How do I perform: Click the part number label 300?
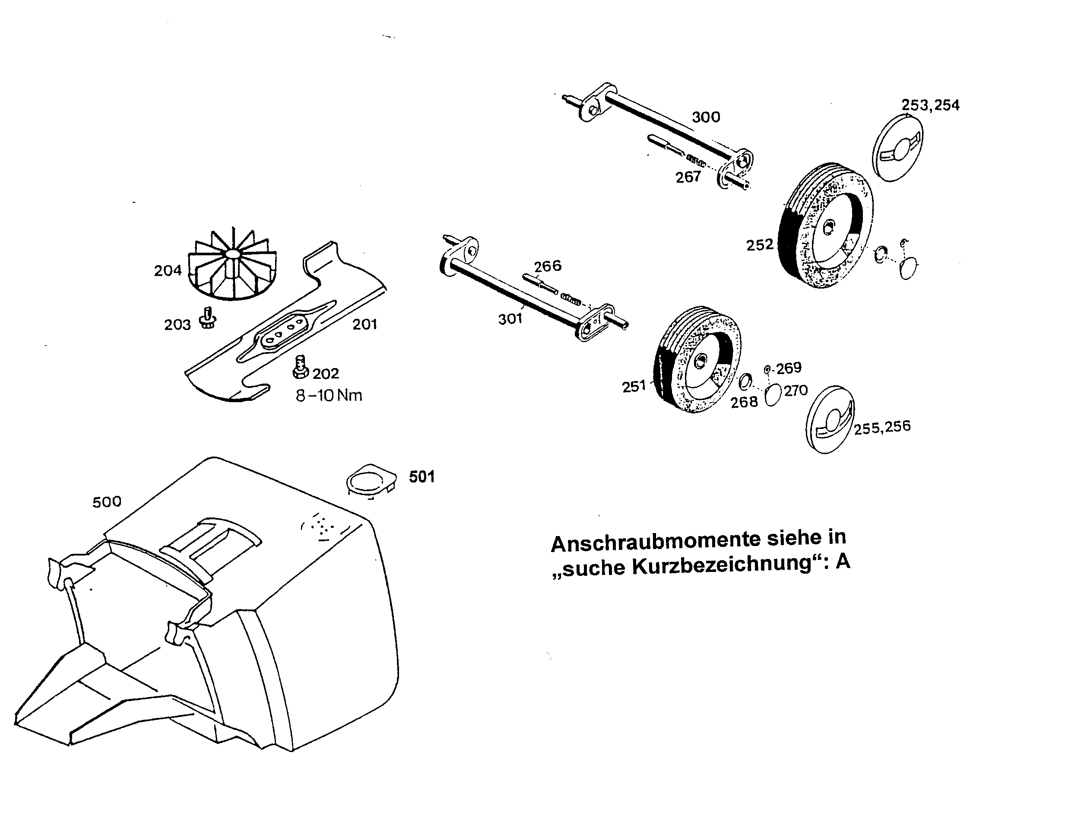(x=706, y=117)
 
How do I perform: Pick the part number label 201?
(x=365, y=324)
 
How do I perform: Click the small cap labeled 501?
(x=371, y=479)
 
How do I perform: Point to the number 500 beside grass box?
(x=107, y=502)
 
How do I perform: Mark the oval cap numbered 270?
(x=772, y=394)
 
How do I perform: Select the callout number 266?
(x=547, y=266)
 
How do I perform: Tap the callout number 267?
(x=688, y=177)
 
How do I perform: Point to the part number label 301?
(x=510, y=319)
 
